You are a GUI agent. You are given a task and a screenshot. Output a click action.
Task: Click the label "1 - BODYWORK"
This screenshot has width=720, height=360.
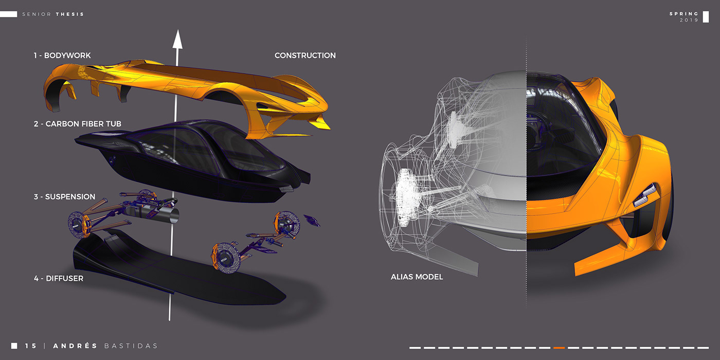(x=62, y=56)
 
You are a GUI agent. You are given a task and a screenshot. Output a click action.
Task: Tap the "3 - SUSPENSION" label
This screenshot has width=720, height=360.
(x=65, y=197)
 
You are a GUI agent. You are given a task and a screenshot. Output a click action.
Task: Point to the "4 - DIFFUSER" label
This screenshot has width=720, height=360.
(x=59, y=279)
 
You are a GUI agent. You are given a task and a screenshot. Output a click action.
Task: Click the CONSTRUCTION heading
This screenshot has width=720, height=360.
(x=305, y=56)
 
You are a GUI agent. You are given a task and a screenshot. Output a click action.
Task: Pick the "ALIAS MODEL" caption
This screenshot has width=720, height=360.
(x=417, y=277)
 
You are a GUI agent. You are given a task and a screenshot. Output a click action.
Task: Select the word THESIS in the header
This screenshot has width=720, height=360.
(x=70, y=14)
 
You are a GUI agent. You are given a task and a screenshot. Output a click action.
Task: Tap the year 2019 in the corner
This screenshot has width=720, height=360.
(x=689, y=20)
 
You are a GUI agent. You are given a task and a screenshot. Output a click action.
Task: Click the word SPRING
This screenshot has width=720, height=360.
(x=684, y=14)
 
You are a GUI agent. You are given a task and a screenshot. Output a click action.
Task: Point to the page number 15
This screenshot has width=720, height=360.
(x=31, y=346)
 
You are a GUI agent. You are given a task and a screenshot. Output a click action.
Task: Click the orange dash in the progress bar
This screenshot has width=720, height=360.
(x=559, y=348)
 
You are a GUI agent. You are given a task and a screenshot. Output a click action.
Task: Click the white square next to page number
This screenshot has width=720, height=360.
(x=14, y=346)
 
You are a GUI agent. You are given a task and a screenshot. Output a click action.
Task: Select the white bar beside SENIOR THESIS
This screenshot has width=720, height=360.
(x=9, y=14)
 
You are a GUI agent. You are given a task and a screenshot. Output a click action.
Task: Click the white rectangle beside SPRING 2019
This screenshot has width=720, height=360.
(x=706, y=16)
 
